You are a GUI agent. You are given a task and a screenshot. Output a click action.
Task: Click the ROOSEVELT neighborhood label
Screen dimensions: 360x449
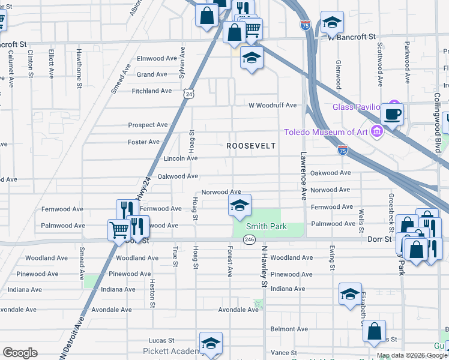pos(250,146)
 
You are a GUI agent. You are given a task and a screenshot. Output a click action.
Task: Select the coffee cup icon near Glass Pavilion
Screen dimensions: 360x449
pos(392,114)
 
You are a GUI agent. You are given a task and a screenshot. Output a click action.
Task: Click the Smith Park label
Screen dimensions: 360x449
pos(267,227)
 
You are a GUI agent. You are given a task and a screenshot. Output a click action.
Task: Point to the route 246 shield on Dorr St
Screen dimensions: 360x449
pos(250,239)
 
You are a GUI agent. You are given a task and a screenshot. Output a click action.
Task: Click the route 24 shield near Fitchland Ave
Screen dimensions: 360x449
pos(190,94)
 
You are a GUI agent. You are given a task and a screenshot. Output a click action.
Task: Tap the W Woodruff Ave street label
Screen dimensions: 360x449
pos(273,105)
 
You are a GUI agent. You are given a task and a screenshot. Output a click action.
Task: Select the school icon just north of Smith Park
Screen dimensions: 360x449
pos(239,206)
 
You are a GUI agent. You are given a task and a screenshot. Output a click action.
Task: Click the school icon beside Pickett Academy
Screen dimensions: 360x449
pos(211,344)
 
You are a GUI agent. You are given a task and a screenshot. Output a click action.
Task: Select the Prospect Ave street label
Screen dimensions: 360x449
pos(148,125)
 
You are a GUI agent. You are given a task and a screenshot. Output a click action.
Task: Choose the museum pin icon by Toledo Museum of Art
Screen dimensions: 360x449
pos(376,131)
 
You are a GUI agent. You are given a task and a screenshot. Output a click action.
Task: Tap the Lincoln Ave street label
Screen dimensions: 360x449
pos(180,158)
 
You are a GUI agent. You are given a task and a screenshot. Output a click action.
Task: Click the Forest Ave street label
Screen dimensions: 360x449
pos(229,262)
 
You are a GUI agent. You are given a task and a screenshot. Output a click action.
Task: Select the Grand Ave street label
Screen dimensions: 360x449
pos(152,75)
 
